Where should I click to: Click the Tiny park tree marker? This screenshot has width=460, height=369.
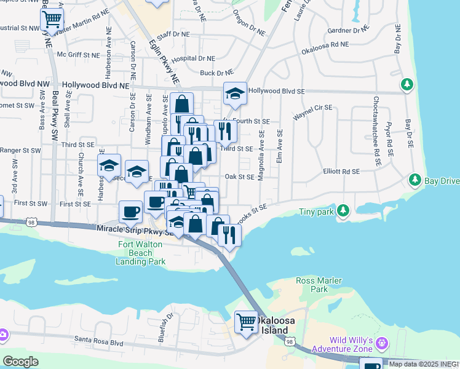pyautogui.click(x=343, y=211)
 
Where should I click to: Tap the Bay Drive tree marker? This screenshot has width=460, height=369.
pyautogui.click(x=414, y=180)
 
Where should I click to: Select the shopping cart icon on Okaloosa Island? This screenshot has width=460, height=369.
pyautogui.click(x=246, y=322)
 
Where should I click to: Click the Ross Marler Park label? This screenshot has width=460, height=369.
pyautogui.click(x=319, y=285)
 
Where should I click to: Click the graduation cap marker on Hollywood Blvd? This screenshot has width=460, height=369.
pyautogui.click(x=235, y=94)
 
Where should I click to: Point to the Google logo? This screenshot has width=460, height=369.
pyautogui.click(x=20, y=361)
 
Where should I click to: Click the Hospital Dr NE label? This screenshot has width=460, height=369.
pyautogui.click(x=193, y=58)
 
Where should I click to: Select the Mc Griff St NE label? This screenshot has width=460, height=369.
pyautogui.click(x=78, y=55)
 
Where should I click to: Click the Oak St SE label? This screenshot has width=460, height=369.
pyautogui.click(x=240, y=177)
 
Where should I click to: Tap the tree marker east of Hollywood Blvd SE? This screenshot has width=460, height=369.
pyautogui.click(x=406, y=84)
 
